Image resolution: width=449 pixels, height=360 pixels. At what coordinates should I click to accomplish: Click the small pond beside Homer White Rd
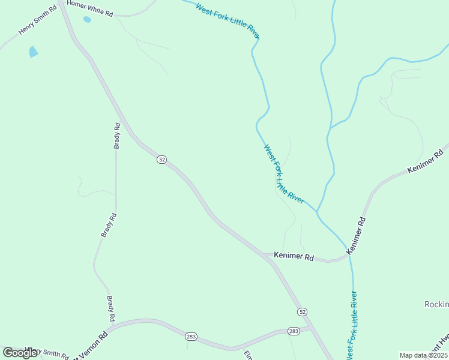(87, 20)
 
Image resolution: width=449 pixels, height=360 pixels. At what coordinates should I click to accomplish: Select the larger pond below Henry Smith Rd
(33, 52)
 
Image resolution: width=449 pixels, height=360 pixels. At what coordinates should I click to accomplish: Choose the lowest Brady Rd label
(111, 308)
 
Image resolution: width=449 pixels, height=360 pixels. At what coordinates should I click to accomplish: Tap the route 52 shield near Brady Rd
(161, 160)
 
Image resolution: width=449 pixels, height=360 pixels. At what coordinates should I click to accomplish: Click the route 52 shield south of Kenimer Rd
(302, 312)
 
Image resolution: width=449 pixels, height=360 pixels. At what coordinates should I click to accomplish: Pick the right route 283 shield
(294, 331)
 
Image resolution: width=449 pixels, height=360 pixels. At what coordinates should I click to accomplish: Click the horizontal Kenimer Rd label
(294, 256)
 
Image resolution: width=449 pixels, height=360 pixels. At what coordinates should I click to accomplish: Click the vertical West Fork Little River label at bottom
(352, 324)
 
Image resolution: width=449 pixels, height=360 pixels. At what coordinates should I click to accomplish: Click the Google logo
(20, 353)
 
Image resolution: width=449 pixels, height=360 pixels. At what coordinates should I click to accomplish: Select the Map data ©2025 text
(423, 355)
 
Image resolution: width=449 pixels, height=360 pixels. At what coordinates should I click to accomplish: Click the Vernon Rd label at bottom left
(90, 345)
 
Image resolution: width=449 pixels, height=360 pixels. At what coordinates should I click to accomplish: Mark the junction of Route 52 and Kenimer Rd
(267, 256)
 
